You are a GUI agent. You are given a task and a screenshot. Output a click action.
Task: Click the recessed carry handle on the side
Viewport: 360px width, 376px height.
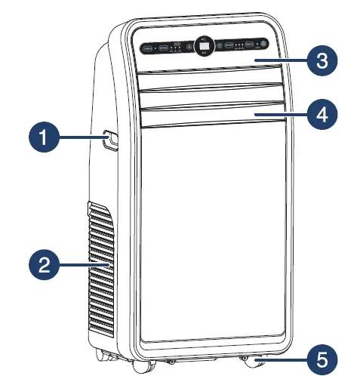[x=110, y=138]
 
